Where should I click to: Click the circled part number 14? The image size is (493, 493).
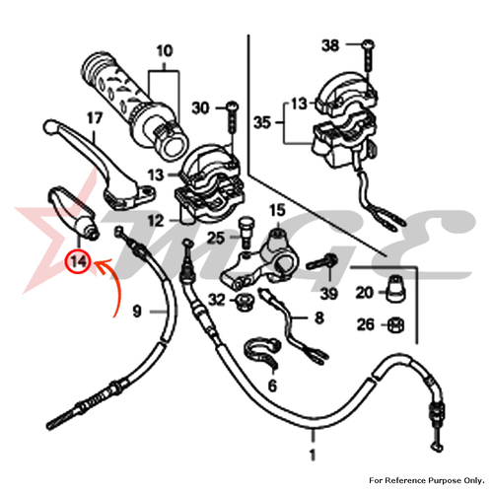(78, 261)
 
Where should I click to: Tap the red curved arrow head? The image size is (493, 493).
(102, 265)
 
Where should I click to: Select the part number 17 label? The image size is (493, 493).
(95, 118)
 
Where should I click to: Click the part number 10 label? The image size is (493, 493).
(165, 51)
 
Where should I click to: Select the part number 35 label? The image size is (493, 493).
(262, 122)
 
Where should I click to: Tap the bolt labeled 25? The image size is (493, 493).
(245, 233)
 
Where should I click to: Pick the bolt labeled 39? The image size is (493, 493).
(321, 262)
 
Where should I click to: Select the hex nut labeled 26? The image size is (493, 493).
(395, 325)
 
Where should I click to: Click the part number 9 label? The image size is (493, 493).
(137, 311)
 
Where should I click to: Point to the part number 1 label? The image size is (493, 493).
(313, 456)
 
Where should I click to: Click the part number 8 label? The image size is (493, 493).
(319, 317)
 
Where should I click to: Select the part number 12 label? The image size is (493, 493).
(156, 221)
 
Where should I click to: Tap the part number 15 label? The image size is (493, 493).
(277, 210)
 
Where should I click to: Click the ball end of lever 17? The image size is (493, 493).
(50, 126)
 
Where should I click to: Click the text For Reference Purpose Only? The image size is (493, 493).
(427, 480)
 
